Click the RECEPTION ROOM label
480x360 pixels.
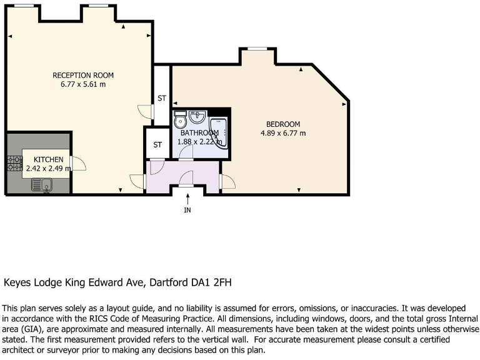click(x=83, y=75)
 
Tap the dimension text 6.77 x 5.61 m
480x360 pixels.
click(x=83, y=84)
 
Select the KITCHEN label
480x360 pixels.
click(x=48, y=159)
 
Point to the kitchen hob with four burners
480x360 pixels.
click(x=14, y=164)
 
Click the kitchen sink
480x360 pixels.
click(x=42, y=184)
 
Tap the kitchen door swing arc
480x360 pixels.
click(x=79, y=164)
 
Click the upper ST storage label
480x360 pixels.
click(x=162, y=98)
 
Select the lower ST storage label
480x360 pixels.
click(x=157, y=145)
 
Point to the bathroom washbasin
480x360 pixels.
click(x=197, y=116)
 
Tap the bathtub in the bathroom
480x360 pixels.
click(x=219, y=132)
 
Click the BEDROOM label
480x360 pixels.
click(x=283, y=124)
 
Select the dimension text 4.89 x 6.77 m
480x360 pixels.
click(x=283, y=133)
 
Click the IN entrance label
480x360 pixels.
click(x=187, y=210)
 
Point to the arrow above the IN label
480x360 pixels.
click(x=187, y=198)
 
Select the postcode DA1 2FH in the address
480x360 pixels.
click(x=212, y=282)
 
